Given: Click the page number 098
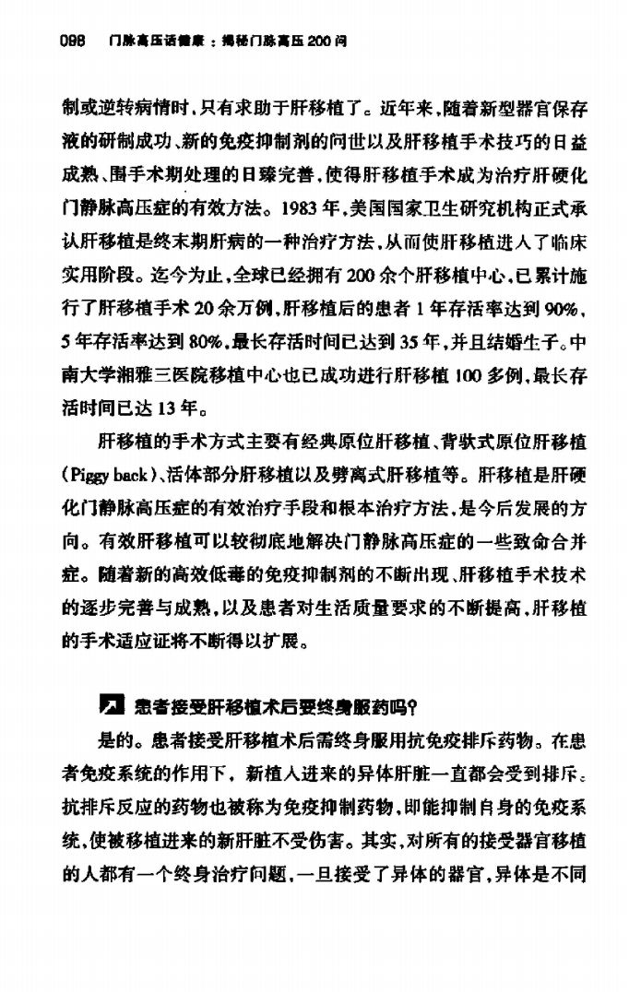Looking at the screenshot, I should pyautogui.click(x=72, y=41).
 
